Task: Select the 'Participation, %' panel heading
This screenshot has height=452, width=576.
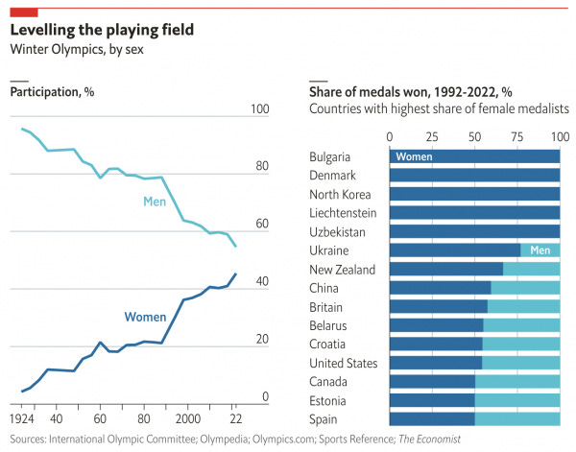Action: point(52,93)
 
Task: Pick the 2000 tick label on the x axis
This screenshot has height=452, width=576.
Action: point(187,419)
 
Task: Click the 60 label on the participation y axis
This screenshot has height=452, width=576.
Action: point(259,225)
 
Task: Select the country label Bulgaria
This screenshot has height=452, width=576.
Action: point(331,156)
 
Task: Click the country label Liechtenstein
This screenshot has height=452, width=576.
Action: point(343,213)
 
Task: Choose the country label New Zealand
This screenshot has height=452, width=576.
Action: point(341,269)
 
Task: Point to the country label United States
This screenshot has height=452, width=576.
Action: point(342,363)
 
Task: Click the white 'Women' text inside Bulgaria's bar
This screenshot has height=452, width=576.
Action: point(414,156)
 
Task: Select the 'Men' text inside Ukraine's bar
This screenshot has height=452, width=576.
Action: point(540,250)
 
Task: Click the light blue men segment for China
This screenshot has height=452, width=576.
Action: point(525,288)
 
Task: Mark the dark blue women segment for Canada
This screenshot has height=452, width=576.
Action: point(432,382)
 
